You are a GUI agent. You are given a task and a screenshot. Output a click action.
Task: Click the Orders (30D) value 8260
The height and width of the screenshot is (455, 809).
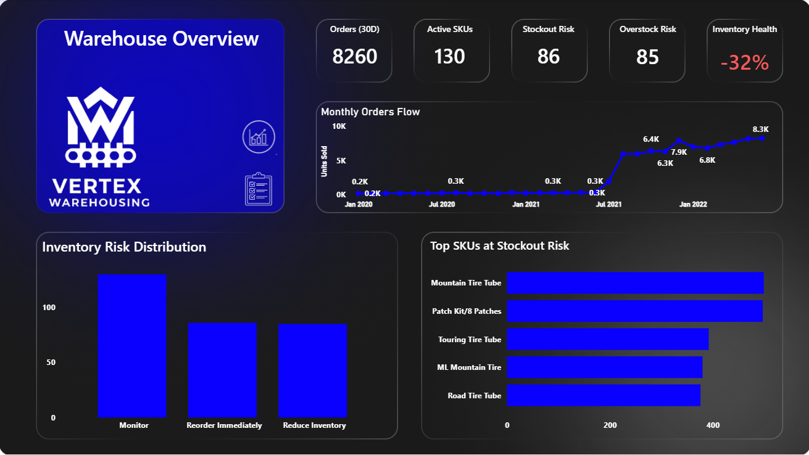coord(354,57)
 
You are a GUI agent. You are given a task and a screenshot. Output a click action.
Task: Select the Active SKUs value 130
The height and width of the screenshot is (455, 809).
coord(449,57)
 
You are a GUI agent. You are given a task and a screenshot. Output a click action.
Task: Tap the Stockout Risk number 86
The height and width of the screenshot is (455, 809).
coord(548,57)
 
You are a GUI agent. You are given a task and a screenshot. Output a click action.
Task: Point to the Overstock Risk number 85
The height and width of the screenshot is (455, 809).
coord(647,57)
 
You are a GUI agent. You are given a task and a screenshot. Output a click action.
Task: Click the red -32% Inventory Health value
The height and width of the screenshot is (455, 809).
coord(744,62)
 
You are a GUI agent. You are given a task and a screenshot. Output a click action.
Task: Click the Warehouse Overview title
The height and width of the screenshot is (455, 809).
coord(161,38)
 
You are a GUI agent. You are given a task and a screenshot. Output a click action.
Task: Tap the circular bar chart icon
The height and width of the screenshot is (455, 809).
coord(259,137)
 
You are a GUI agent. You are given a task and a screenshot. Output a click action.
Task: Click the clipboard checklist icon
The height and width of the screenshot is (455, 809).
coord(258,189)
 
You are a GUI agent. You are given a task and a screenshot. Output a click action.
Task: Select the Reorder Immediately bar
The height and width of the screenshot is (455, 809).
coord(222,370)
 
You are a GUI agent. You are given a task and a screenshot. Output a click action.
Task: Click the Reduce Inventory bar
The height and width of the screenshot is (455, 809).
coord(312,371)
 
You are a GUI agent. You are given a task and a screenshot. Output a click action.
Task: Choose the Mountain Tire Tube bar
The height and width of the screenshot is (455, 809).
coord(635,283)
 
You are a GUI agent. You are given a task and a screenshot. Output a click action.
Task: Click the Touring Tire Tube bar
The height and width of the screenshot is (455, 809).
coord(607,339)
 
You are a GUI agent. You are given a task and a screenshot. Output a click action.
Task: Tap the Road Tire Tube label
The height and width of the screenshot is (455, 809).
coord(474,396)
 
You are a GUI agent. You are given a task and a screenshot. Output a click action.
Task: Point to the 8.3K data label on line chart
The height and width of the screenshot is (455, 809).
coord(760,129)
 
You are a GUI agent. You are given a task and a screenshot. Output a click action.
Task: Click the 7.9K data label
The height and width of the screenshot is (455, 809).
coord(679,152)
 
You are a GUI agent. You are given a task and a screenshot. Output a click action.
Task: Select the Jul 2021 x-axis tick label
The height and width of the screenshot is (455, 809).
coord(608,204)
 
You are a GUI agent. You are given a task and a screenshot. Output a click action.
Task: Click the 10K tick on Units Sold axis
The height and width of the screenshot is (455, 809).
coord(339,126)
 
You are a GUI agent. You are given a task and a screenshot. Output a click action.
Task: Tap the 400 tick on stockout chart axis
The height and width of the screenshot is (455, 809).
coord(713,425)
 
